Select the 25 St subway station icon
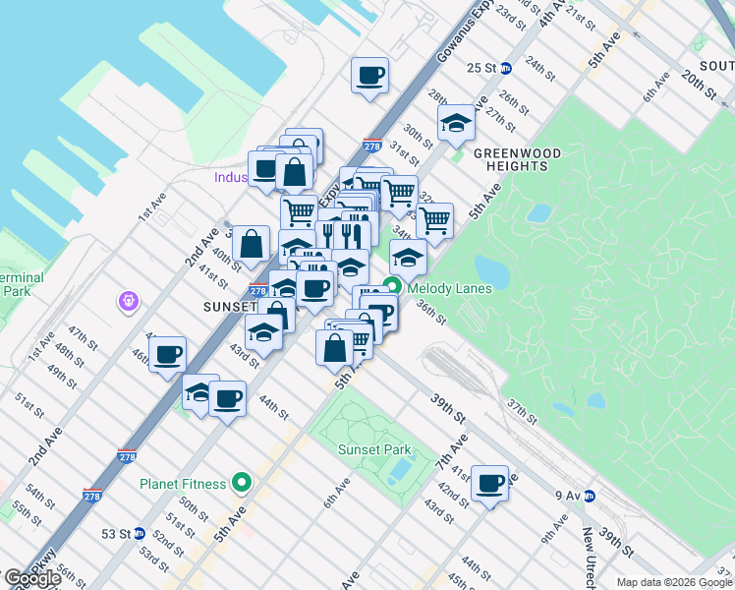506,68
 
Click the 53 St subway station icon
140,534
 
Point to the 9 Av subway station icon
590,496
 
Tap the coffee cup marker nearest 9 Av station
489,484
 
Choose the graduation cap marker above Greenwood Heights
456,124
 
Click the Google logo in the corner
32,578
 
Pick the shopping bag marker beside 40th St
252,244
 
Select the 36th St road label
430,312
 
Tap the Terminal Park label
20,285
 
